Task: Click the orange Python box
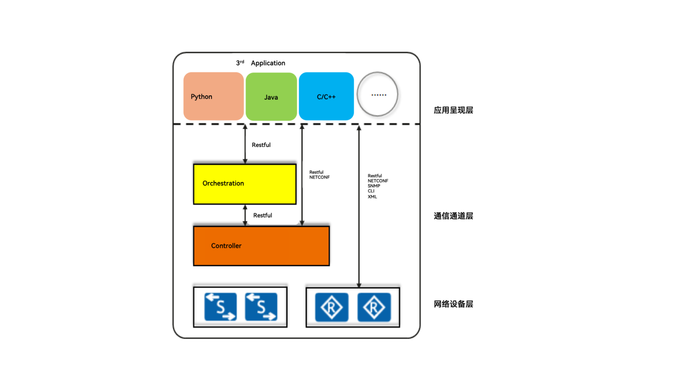(x=213, y=96)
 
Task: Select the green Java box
(x=271, y=97)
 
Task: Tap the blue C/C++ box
(x=326, y=96)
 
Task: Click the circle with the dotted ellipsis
(x=378, y=94)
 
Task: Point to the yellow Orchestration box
(x=245, y=184)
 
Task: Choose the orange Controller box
(x=261, y=246)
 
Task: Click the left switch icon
(x=221, y=307)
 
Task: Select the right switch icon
(x=261, y=307)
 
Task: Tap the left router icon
(x=332, y=307)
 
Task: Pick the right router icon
(x=374, y=307)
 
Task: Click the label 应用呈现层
(x=453, y=110)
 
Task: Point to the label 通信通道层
(x=453, y=216)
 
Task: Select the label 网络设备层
(x=453, y=304)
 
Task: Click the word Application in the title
(x=268, y=63)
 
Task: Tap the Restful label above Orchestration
(x=261, y=145)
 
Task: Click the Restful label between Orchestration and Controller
(x=263, y=215)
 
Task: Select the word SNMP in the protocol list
(x=374, y=186)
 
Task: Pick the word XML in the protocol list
(x=372, y=197)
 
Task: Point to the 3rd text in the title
(x=240, y=63)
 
